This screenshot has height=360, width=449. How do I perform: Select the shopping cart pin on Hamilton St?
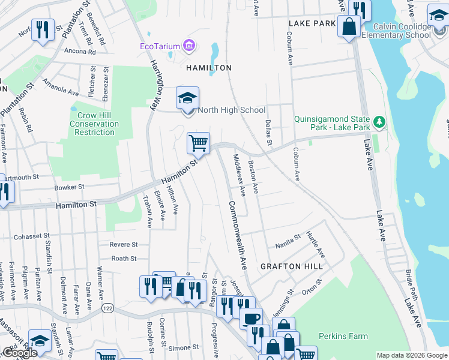(198, 144)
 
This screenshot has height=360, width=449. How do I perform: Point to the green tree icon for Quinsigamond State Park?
(378, 122)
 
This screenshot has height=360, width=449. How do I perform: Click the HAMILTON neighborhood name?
(209, 68)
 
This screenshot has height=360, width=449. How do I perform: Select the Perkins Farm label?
(343, 336)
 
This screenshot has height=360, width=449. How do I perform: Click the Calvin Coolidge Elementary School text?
(402, 31)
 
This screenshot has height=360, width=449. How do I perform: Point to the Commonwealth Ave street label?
(237, 233)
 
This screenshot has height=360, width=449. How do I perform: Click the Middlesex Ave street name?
(238, 175)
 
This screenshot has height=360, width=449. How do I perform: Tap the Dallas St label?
(268, 131)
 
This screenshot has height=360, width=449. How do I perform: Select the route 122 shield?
(108, 308)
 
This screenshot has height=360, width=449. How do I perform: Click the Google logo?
(20, 353)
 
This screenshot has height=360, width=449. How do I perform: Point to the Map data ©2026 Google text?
(412, 355)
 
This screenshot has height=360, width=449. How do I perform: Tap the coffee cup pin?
(251, 316)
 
